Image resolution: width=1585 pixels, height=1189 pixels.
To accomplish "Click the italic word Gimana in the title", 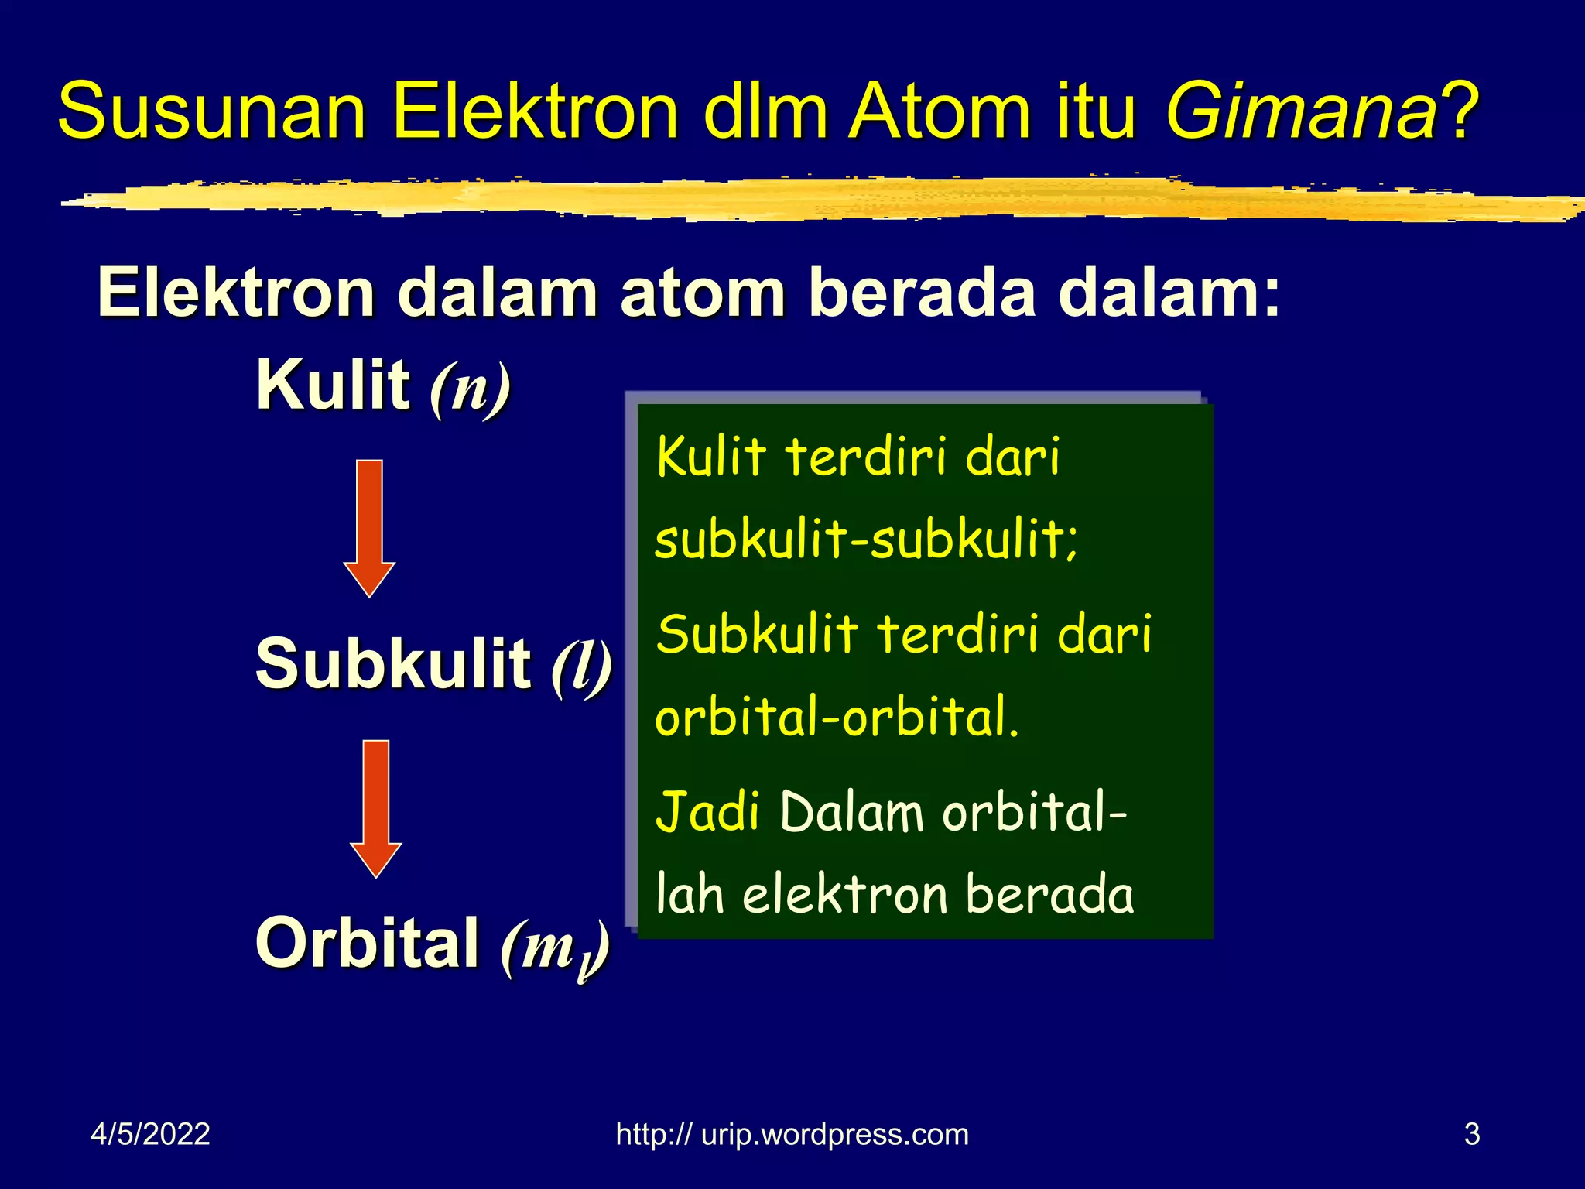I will tap(1300, 112).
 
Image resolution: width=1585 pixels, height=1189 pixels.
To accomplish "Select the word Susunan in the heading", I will tap(211, 112).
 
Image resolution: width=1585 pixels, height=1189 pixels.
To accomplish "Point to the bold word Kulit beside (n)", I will tap(333, 385).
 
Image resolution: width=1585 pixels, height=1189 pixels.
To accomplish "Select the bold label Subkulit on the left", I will tap(393, 663).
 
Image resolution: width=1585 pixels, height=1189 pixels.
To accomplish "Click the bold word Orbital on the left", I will tap(367, 943).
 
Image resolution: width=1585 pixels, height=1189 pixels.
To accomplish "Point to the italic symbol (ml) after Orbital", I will tap(555, 948).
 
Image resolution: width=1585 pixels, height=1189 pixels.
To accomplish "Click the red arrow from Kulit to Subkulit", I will tap(370, 528).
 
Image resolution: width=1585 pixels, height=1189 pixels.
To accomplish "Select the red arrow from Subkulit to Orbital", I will tap(376, 808).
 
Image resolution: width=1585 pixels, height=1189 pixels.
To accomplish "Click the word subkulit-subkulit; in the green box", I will tap(865, 540).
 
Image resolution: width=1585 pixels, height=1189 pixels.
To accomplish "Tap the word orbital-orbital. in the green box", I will tap(836, 717).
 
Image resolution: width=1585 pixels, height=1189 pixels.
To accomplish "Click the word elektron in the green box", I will tap(845, 896).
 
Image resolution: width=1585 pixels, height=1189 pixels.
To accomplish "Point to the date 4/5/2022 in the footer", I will tap(150, 1134).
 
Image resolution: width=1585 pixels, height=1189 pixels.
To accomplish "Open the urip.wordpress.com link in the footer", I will tap(792, 1134).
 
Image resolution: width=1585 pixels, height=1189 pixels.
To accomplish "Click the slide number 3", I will tap(1472, 1134).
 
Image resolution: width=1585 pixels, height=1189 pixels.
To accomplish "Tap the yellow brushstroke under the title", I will tap(820, 200).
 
